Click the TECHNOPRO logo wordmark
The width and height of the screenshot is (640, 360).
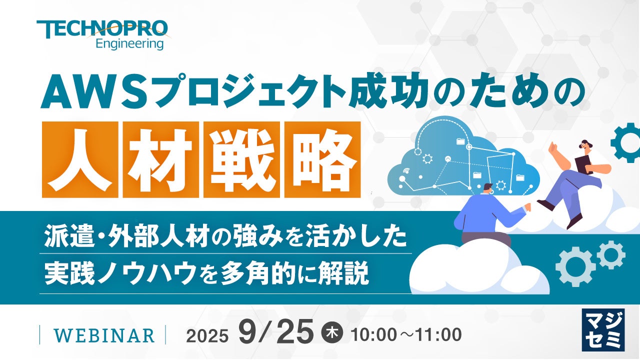pos(102,29)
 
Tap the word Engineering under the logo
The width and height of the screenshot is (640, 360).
pos(129,44)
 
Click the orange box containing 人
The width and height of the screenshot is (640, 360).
pos(80,159)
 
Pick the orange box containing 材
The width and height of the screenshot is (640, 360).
pos(161,159)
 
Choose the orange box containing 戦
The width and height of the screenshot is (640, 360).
pos(241,159)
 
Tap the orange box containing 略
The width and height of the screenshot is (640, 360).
pos(322,159)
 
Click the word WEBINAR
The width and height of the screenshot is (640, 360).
pos(104,335)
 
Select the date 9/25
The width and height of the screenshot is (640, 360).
pos(276,333)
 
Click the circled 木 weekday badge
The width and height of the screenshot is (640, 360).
pos(332,333)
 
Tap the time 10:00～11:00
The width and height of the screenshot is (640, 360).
pos(406,334)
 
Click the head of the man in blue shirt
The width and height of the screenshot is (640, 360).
pos(488,189)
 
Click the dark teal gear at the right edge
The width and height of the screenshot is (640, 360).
pos(626,142)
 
